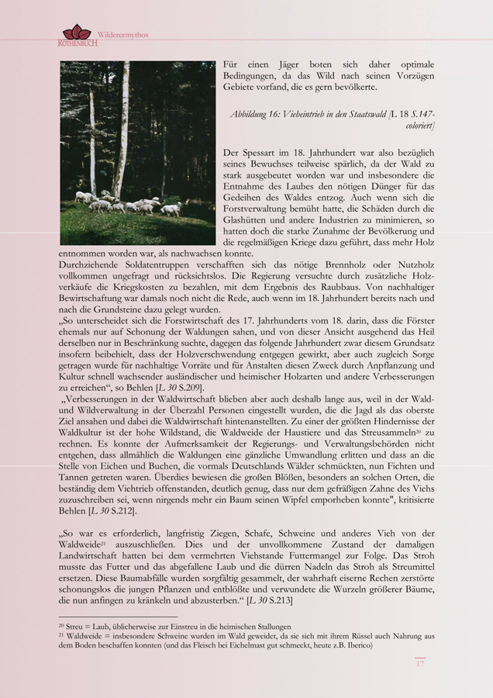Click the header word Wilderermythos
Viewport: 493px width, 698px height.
point(123,35)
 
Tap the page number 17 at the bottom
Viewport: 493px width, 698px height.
point(419,664)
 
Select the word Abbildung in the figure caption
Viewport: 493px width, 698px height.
point(253,114)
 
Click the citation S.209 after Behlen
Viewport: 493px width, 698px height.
point(191,386)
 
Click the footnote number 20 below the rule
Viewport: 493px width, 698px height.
point(62,626)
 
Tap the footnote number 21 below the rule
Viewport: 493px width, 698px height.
point(62,636)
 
